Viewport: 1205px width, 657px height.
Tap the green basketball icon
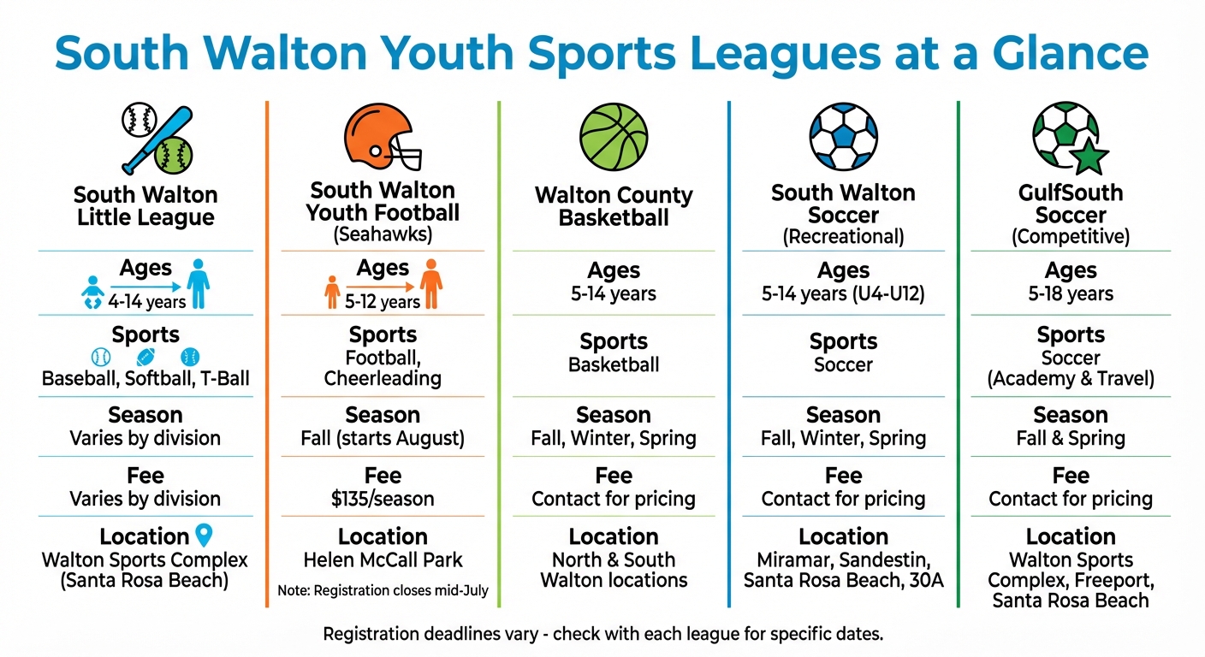click(614, 138)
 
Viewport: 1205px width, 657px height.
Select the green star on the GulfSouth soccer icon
click(1089, 157)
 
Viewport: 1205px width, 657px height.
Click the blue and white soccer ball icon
click(843, 137)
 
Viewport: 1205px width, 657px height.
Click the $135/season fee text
click(383, 499)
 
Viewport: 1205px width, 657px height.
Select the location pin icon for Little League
click(203, 536)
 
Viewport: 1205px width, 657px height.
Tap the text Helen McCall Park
click(383, 560)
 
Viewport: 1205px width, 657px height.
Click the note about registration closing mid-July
click(383, 590)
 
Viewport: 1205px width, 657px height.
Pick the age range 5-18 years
click(1071, 294)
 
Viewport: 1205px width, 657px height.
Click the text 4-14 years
click(145, 301)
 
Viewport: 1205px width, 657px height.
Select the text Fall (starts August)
click(383, 439)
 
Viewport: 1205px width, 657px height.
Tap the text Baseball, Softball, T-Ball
click(145, 378)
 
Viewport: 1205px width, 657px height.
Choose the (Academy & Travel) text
click(1071, 379)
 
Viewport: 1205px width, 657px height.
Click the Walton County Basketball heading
click(614, 206)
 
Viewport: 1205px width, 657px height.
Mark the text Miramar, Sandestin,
click(843, 560)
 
